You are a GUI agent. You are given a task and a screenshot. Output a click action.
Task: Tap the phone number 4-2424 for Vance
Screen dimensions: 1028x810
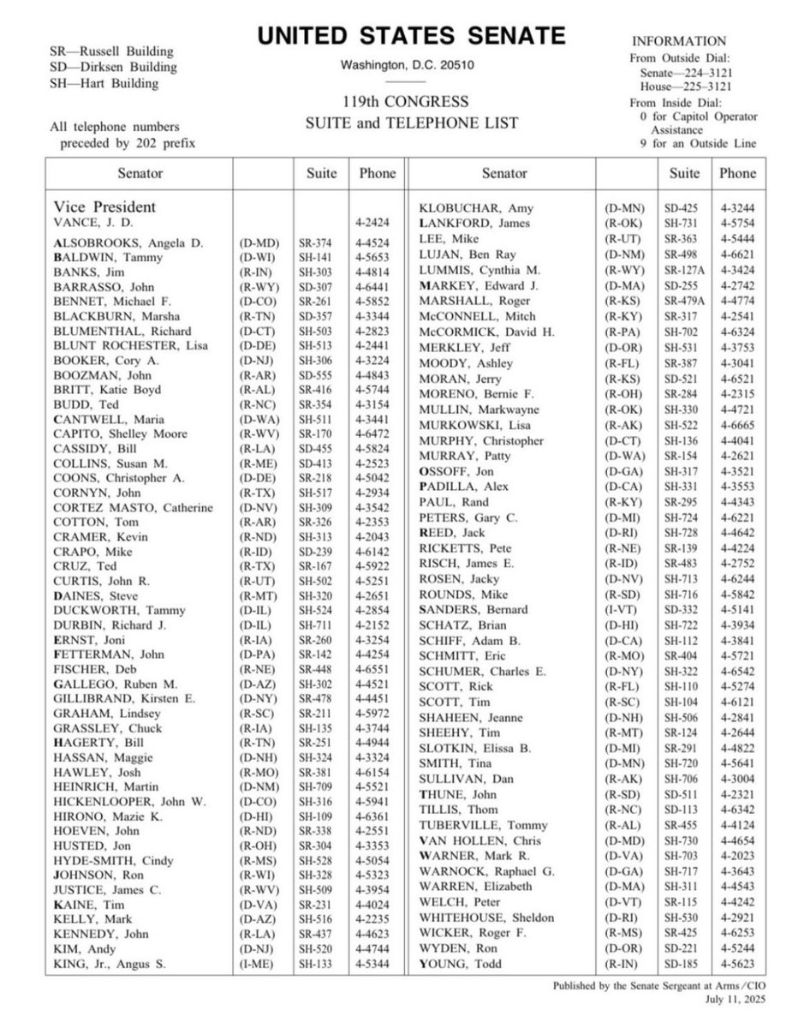coord(377,224)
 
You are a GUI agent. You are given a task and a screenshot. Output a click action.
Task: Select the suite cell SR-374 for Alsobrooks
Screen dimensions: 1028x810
coord(322,242)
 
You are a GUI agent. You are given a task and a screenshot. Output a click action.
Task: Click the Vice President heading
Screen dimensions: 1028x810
coord(104,207)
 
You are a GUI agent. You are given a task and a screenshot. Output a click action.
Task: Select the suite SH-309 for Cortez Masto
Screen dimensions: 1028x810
coord(322,508)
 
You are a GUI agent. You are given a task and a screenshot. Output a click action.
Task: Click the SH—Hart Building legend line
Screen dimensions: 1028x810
coord(104,83)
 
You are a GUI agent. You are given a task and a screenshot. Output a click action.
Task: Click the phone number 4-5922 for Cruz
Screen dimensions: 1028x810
coord(377,568)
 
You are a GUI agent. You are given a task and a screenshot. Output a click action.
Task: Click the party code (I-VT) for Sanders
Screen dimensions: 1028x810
coord(621,610)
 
